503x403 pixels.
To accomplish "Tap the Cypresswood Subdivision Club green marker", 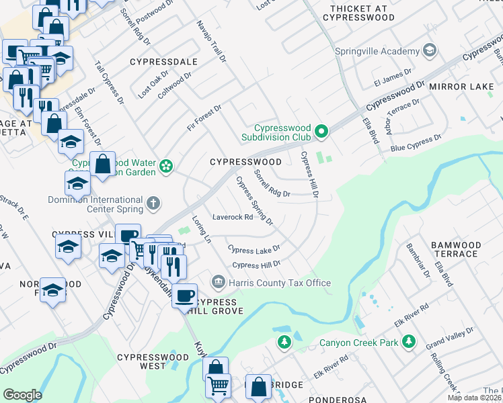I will click(321, 131).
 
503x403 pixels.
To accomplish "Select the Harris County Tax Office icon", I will click(217, 281).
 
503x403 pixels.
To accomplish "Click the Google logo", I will click(22, 394).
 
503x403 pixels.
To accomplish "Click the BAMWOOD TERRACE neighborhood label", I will click(455, 249).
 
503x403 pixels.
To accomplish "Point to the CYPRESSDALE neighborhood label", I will click(164, 62).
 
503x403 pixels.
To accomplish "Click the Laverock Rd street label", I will click(232, 217).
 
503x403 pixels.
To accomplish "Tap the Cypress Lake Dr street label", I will click(254, 249).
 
